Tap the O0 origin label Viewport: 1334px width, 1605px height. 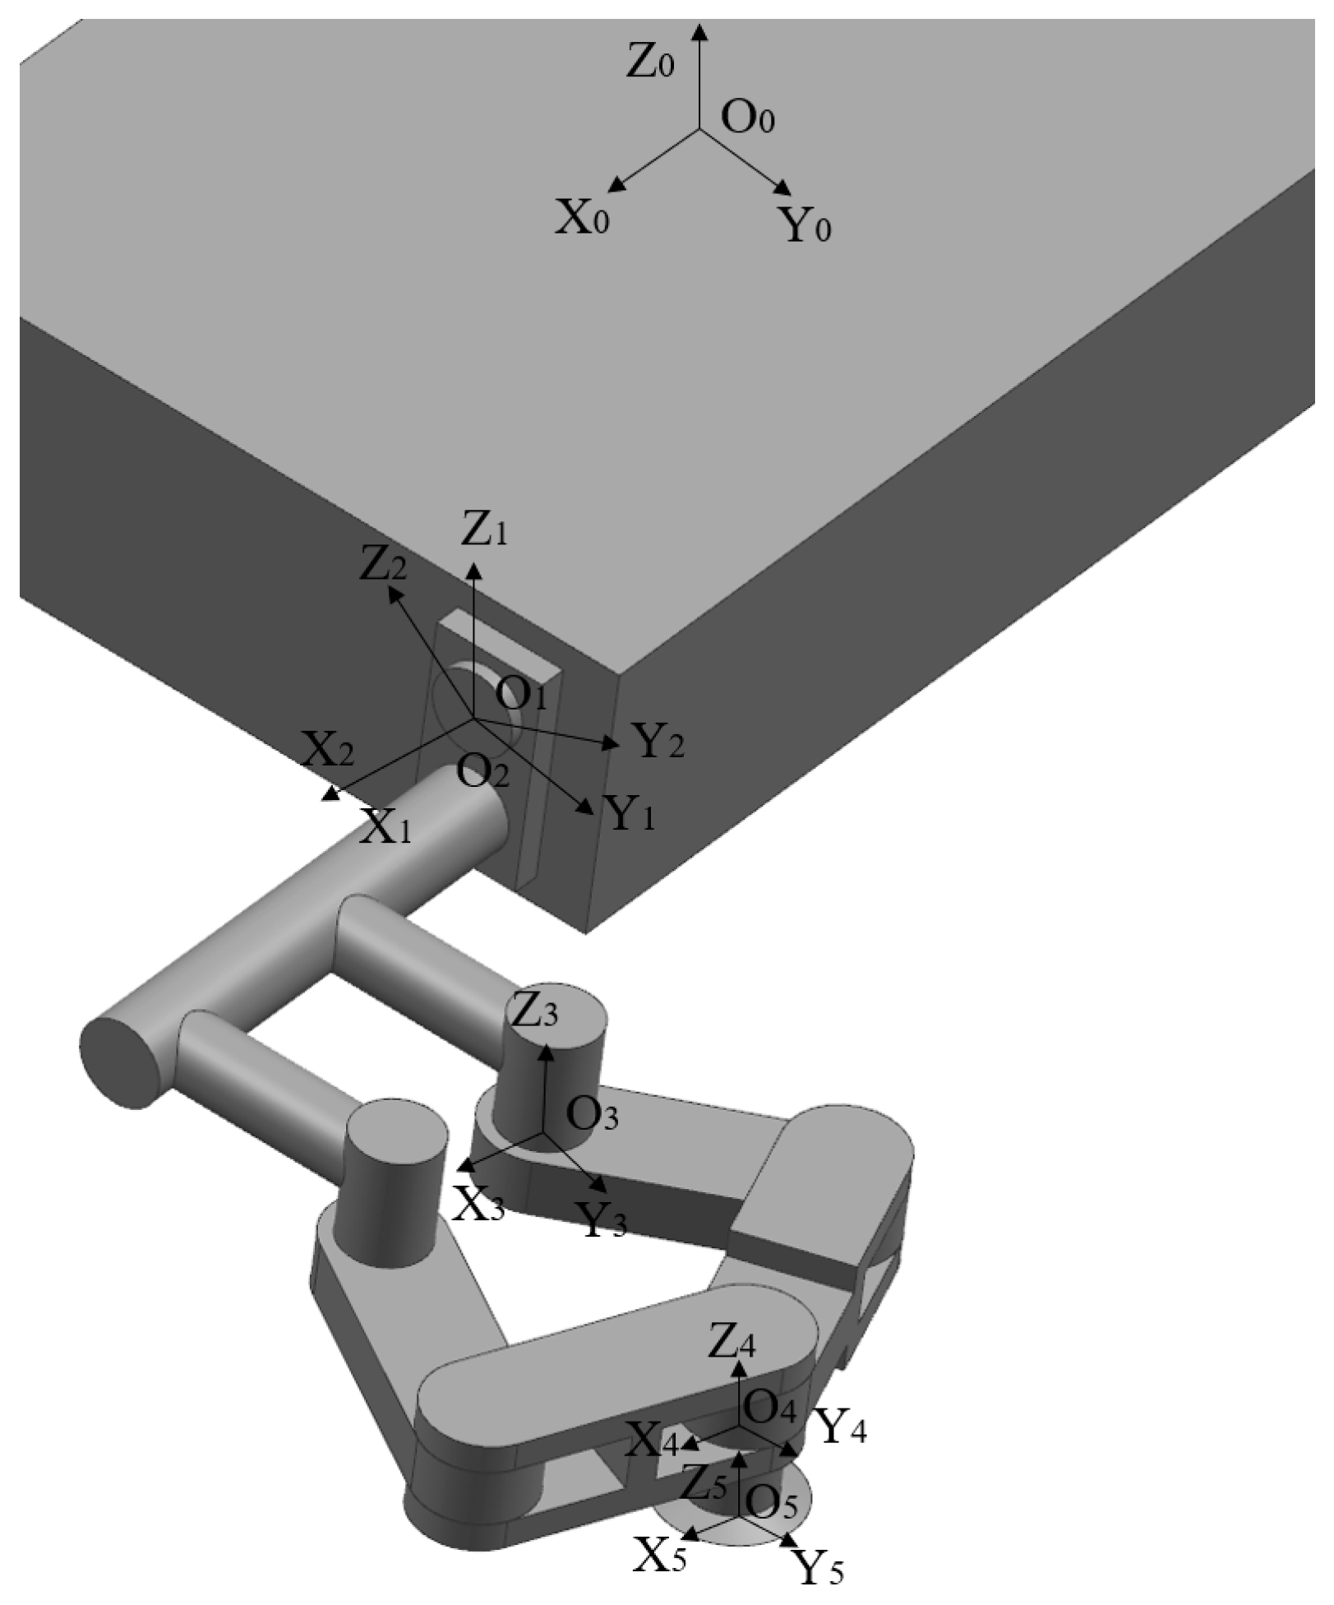coord(748,118)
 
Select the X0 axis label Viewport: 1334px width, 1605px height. coord(582,218)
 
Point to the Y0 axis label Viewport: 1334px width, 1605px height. coord(805,224)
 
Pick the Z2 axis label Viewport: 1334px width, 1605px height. coord(383,566)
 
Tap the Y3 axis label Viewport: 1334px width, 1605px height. coord(602,1219)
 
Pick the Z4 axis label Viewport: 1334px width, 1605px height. coord(732,1344)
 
